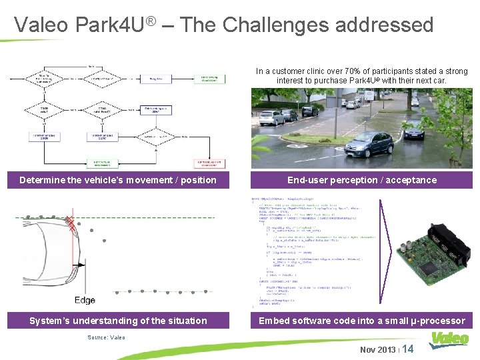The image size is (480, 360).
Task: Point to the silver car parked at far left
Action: [271, 118]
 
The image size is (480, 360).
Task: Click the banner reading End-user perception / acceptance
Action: [362, 180]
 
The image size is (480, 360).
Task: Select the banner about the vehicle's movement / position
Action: [118, 180]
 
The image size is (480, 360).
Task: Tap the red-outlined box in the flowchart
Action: [209, 163]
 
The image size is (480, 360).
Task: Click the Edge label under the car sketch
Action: [85, 300]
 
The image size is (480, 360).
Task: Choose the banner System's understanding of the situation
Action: [118, 321]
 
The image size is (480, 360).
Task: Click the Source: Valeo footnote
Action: [106, 337]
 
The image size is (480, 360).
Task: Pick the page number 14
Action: [408, 349]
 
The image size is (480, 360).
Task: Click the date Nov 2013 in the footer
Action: [377, 350]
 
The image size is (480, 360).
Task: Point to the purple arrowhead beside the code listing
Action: [391, 254]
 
